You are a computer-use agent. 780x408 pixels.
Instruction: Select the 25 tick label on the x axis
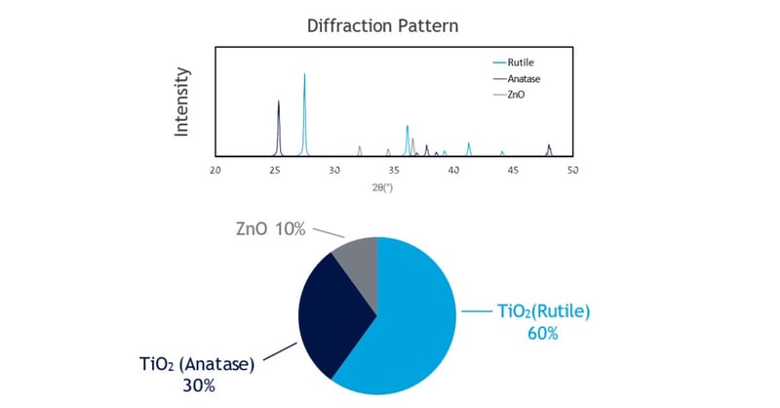point(276,170)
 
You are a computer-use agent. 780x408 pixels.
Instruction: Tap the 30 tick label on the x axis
point(335,170)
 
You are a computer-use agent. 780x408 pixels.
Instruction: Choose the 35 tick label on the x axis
point(395,170)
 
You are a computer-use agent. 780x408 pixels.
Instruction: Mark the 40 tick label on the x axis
point(454,170)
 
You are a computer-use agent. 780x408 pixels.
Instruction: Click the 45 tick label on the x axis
point(514,170)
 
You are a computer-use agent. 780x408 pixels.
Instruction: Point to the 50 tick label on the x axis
point(573,170)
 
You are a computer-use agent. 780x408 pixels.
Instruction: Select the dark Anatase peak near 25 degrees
point(279,103)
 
